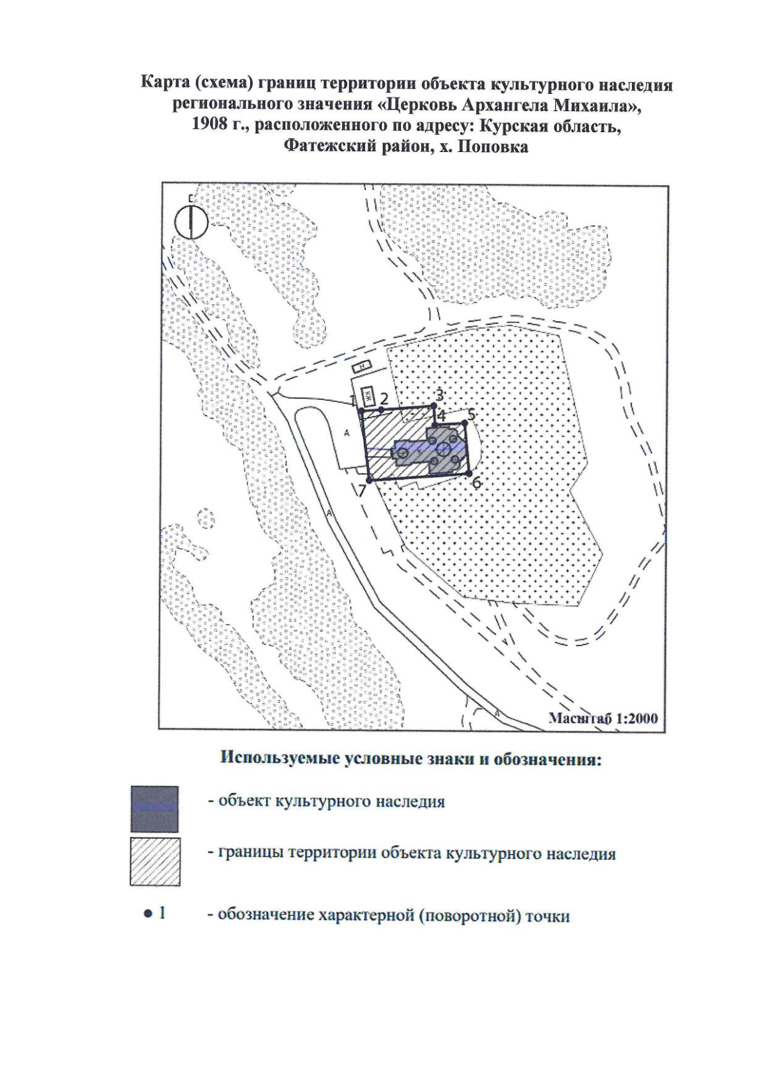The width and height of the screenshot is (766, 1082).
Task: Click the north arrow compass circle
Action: pos(191,222)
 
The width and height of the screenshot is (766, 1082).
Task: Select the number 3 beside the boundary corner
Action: pos(439,394)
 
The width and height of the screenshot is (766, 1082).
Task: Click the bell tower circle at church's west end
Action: pos(402,453)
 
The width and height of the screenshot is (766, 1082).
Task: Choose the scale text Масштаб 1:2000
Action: pos(604,718)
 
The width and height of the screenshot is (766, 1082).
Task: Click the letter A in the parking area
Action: pos(346,434)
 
